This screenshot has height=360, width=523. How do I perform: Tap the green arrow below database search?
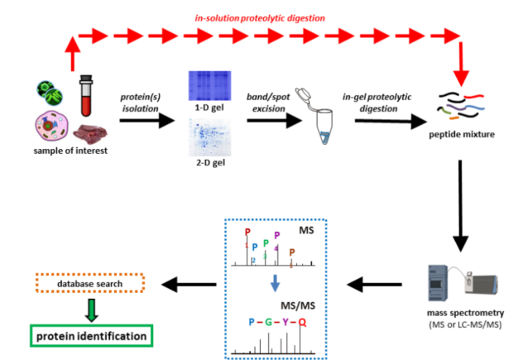point(92,309)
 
